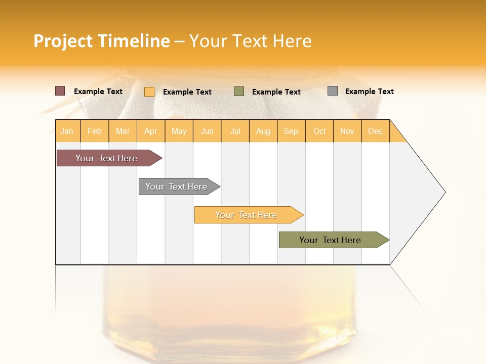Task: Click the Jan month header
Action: tap(67, 131)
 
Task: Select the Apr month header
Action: tap(151, 131)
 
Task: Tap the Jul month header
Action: tap(235, 131)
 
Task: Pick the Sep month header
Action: tap(291, 131)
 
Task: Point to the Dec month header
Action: tap(375, 131)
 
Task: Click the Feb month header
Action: tap(95, 131)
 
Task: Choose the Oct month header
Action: tap(319, 131)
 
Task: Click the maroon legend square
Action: tap(60, 91)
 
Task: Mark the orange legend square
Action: tap(149, 92)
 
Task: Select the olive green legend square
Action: tap(239, 92)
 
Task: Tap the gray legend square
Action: tap(333, 91)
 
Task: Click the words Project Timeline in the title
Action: tap(102, 41)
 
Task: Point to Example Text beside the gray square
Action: tap(369, 92)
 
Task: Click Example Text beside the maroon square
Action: tap(98, 92)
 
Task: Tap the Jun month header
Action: tap(207, 131)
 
